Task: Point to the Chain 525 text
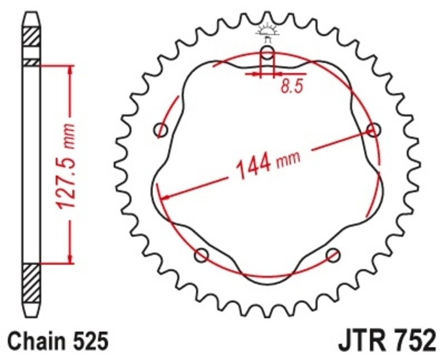tap(58, 340)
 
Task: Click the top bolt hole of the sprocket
tap(268, 54)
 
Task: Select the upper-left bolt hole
tap(162, 130)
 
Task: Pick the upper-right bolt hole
tap(374, 130)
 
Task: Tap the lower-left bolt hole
tap(202, 255)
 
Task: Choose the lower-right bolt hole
tap(333, 255)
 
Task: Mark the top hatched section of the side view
tap(32, 37)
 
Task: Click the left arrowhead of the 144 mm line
tap(163, 196)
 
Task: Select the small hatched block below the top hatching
tap(32, 62)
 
